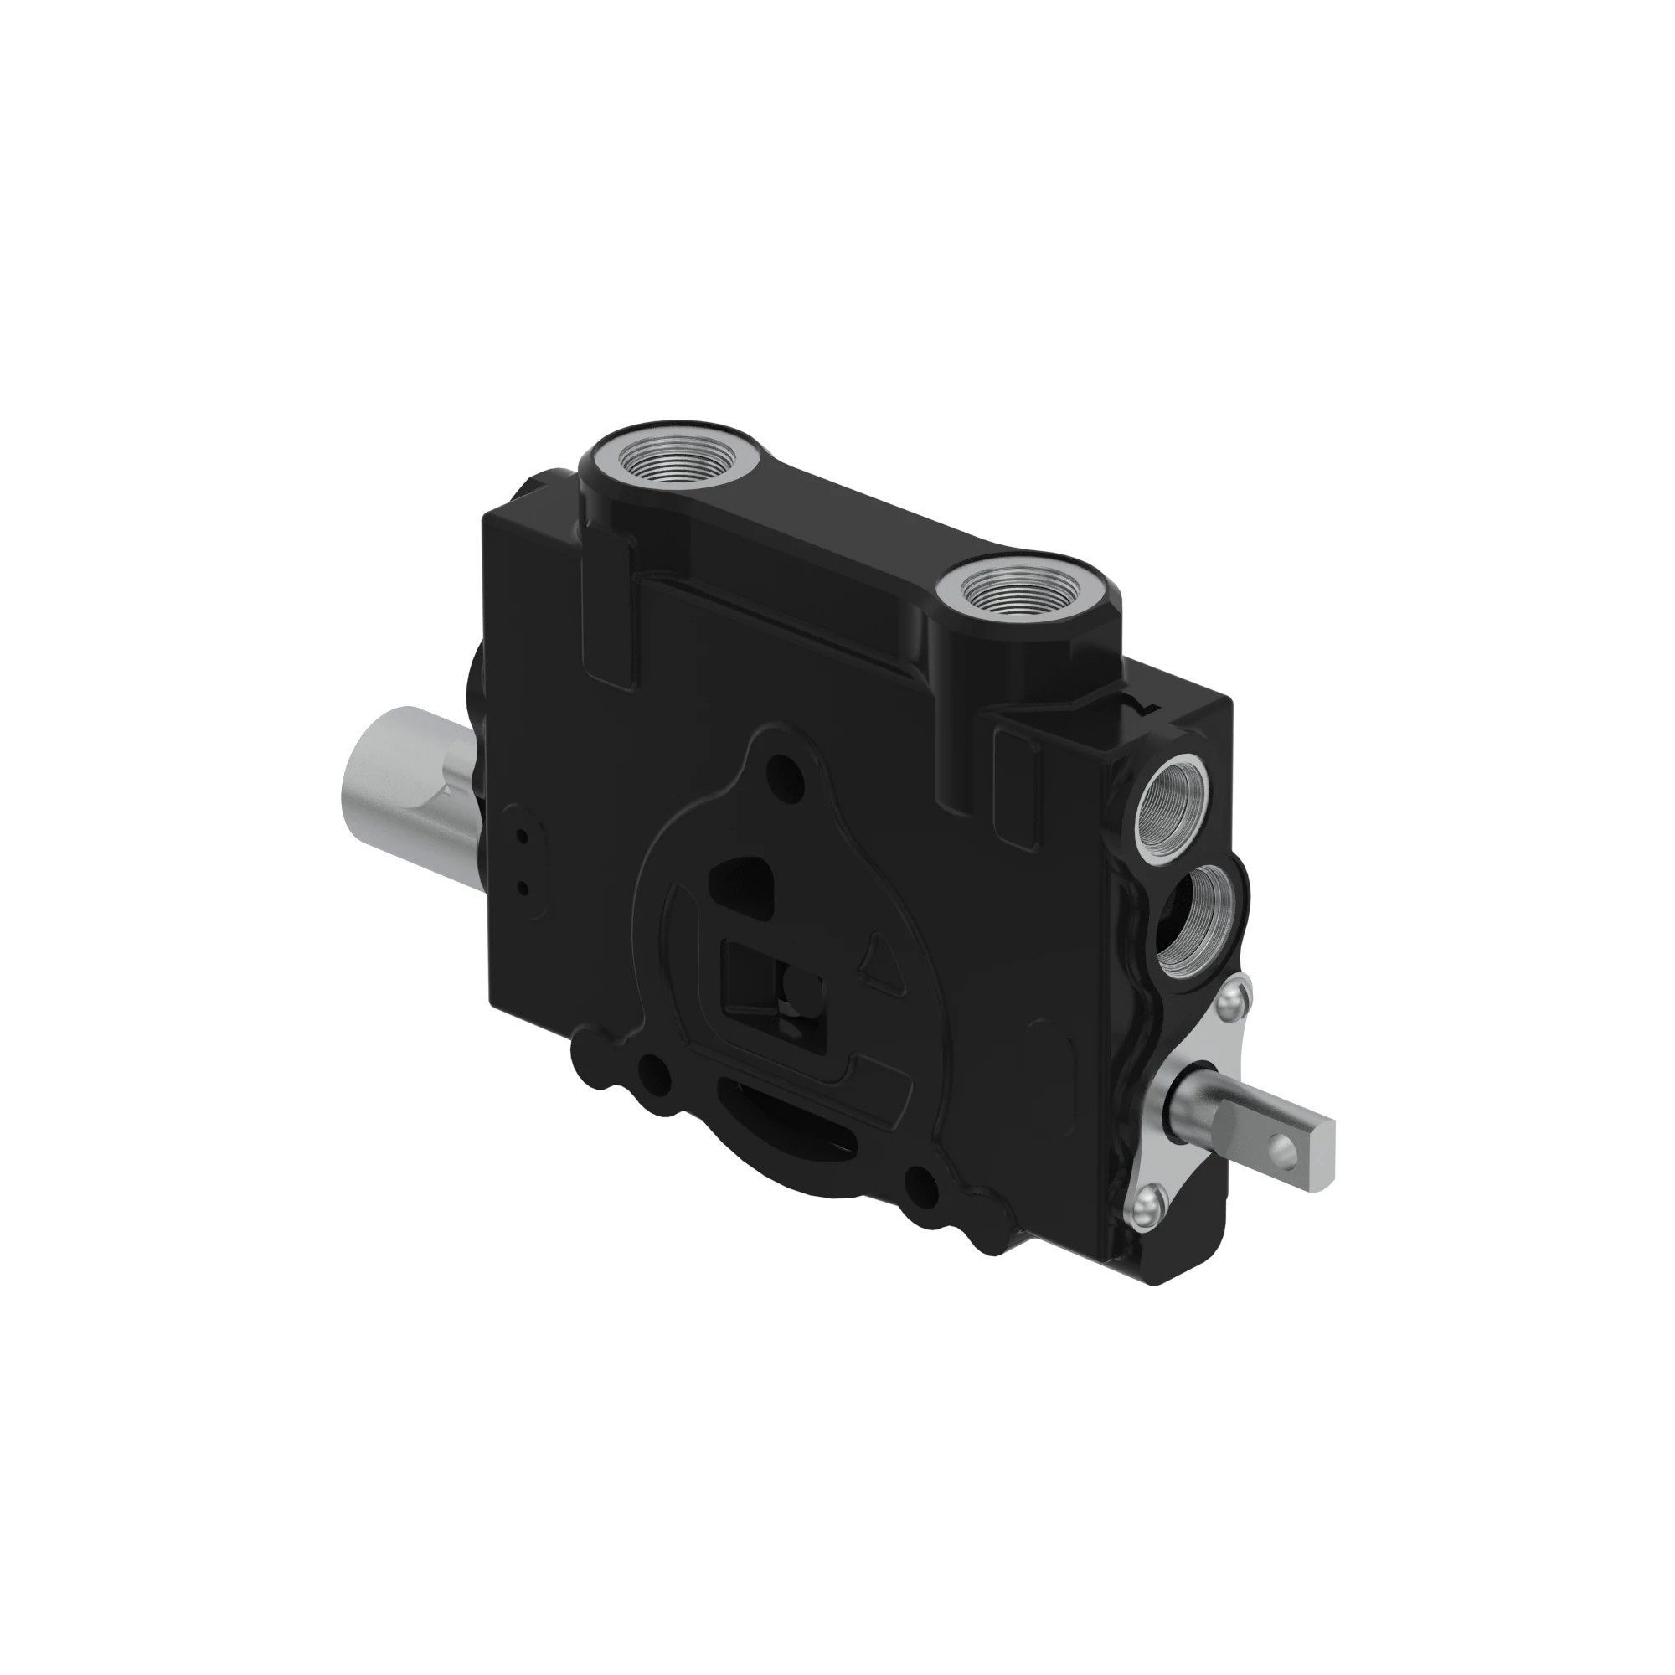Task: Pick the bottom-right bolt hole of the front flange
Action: [x=922, y=1186]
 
